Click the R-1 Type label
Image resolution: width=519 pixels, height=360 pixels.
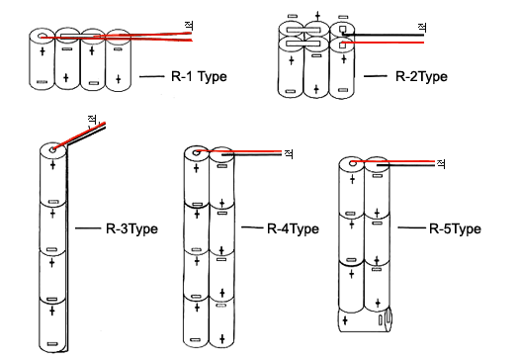click(x=199, y=77)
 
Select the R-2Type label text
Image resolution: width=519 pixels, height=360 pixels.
click(x=421, y=77)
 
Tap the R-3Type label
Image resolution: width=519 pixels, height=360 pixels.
click(x=131, y=228)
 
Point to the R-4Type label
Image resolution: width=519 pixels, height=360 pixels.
click(x=293, y=228)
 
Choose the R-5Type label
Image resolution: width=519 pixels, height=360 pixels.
click(x=455, y=228)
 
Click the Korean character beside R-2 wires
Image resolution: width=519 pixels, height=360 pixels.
click(x=422, y=27)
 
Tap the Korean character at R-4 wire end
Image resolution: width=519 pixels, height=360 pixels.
click(x=289, y=153)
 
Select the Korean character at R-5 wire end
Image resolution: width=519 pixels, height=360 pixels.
click(x=441, y=163)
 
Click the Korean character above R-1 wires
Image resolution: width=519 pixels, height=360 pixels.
click(x=189, y=26)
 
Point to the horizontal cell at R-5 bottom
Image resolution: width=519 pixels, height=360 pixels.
click(x=365, y=319)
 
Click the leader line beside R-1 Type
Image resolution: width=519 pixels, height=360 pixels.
click(x=151, y=76)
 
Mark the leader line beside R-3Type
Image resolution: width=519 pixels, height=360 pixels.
click(x=88, y=228)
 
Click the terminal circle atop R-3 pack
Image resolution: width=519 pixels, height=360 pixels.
click(x=52, y=150)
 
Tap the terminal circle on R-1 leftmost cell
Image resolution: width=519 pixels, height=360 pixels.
click(x=42, y=37)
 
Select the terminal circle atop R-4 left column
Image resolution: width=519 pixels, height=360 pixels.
click(x=197, y=152)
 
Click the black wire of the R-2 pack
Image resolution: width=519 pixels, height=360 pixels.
click(x=383, y=35)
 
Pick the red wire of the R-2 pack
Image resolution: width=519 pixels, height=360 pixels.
click(x=383, y=43)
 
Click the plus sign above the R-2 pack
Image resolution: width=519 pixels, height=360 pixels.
click(x=317, y=15)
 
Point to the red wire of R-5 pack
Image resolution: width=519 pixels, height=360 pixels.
click(x=392, y=161)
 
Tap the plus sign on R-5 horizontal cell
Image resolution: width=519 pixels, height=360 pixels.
click(x=345, y=320)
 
